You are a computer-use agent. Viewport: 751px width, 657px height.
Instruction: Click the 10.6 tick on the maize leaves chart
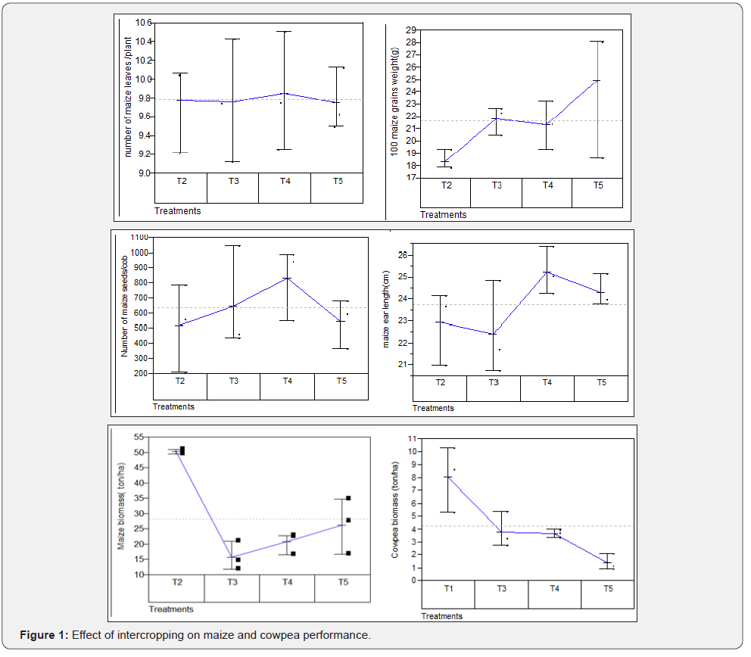point(142,23)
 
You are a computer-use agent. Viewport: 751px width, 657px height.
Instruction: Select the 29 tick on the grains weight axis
point(412,30)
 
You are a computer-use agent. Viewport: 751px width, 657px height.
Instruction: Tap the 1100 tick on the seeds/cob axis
point(139,237)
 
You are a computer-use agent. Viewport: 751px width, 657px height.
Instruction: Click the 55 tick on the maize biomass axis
point(139,437)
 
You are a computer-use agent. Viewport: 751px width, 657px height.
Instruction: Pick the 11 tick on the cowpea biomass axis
point(412,438)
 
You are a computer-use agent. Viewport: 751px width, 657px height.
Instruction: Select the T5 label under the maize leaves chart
point(337,181)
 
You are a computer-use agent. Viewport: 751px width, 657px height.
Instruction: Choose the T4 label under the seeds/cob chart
point(287,381)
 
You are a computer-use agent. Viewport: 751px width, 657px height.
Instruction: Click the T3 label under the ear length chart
point(494,382)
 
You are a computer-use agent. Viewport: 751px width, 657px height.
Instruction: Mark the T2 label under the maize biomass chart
point(176,582)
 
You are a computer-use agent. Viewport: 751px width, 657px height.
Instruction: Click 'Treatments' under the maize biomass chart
point(171,609)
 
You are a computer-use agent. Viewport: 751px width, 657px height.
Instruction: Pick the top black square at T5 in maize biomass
point(348,498)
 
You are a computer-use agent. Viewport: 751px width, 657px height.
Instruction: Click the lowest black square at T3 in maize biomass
point(238,568)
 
